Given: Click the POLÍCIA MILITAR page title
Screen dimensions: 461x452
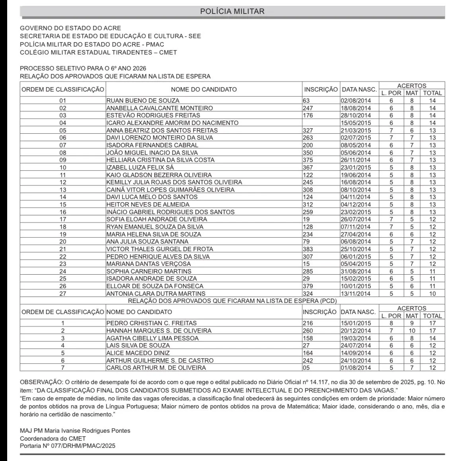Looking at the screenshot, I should coord(232,11).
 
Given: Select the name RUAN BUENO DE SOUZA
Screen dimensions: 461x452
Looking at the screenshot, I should coord(143,101).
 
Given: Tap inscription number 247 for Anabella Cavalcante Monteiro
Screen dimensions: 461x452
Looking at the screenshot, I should coord(308,108).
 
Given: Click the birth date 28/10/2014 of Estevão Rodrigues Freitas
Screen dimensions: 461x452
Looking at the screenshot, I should coord(356,115).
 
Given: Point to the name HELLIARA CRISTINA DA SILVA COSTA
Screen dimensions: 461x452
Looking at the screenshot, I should coord(160,160).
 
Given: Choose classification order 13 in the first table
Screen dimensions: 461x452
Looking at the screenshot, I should coord(63,189).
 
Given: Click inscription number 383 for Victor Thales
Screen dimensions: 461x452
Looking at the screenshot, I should coord(308,249).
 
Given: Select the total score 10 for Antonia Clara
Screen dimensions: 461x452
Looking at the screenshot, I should coord(432,293).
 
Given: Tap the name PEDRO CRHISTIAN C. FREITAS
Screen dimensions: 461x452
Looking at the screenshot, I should coord(152,323).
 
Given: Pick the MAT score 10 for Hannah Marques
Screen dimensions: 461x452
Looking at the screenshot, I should coord(412,330).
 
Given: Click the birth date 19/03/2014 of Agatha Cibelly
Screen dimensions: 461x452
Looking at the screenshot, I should coord(356,338).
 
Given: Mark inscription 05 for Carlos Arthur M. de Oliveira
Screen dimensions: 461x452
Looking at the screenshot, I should coord(306,367).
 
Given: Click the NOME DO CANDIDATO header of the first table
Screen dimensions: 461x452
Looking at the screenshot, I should coord(204,90).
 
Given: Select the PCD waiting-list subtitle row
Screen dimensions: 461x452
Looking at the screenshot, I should coord(232,301).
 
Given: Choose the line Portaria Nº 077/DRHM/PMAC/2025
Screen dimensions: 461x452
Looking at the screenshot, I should coord(68,446).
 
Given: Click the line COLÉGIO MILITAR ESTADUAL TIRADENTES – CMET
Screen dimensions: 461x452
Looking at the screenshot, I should coord(98,52).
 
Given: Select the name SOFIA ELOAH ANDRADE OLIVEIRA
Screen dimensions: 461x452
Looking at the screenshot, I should coord(157,219).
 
